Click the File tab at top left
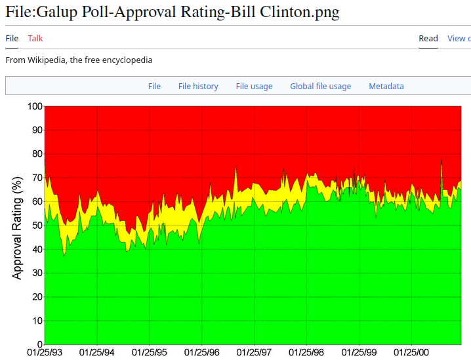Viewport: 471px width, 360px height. click(x=12, y=39)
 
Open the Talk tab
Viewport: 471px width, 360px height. click(x=35, y=39)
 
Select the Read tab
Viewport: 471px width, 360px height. click(x=428, y=39)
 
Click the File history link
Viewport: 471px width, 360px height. click(x=198, y=87)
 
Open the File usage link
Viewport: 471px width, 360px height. click(x=254, y=87)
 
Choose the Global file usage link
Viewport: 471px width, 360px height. click(x=321, y=87)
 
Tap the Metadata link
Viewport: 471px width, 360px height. click(x=386, y=87)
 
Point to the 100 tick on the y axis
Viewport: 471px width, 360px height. click(x=34, y=106)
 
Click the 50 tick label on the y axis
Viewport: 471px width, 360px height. click(x=37, y=226)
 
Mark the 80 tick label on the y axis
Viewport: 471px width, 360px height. click(x=37, y=154)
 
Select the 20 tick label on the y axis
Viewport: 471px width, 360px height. click(x=37, y=297)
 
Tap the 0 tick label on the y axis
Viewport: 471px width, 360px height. click(x=39, y=344)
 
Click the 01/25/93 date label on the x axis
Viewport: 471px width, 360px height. click(x=45, y=353)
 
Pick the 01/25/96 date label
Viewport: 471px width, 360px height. click(x=202, y=353)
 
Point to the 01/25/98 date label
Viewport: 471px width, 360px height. click(x=307, y=353)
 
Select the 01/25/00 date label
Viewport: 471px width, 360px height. click(x=411, y=353)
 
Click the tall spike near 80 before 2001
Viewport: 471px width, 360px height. click(x=441, y=161)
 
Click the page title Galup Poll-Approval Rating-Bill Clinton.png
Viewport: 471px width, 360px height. click(x=173, y=12)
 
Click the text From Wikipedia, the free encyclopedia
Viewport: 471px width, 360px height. click(x=79, y=60)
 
